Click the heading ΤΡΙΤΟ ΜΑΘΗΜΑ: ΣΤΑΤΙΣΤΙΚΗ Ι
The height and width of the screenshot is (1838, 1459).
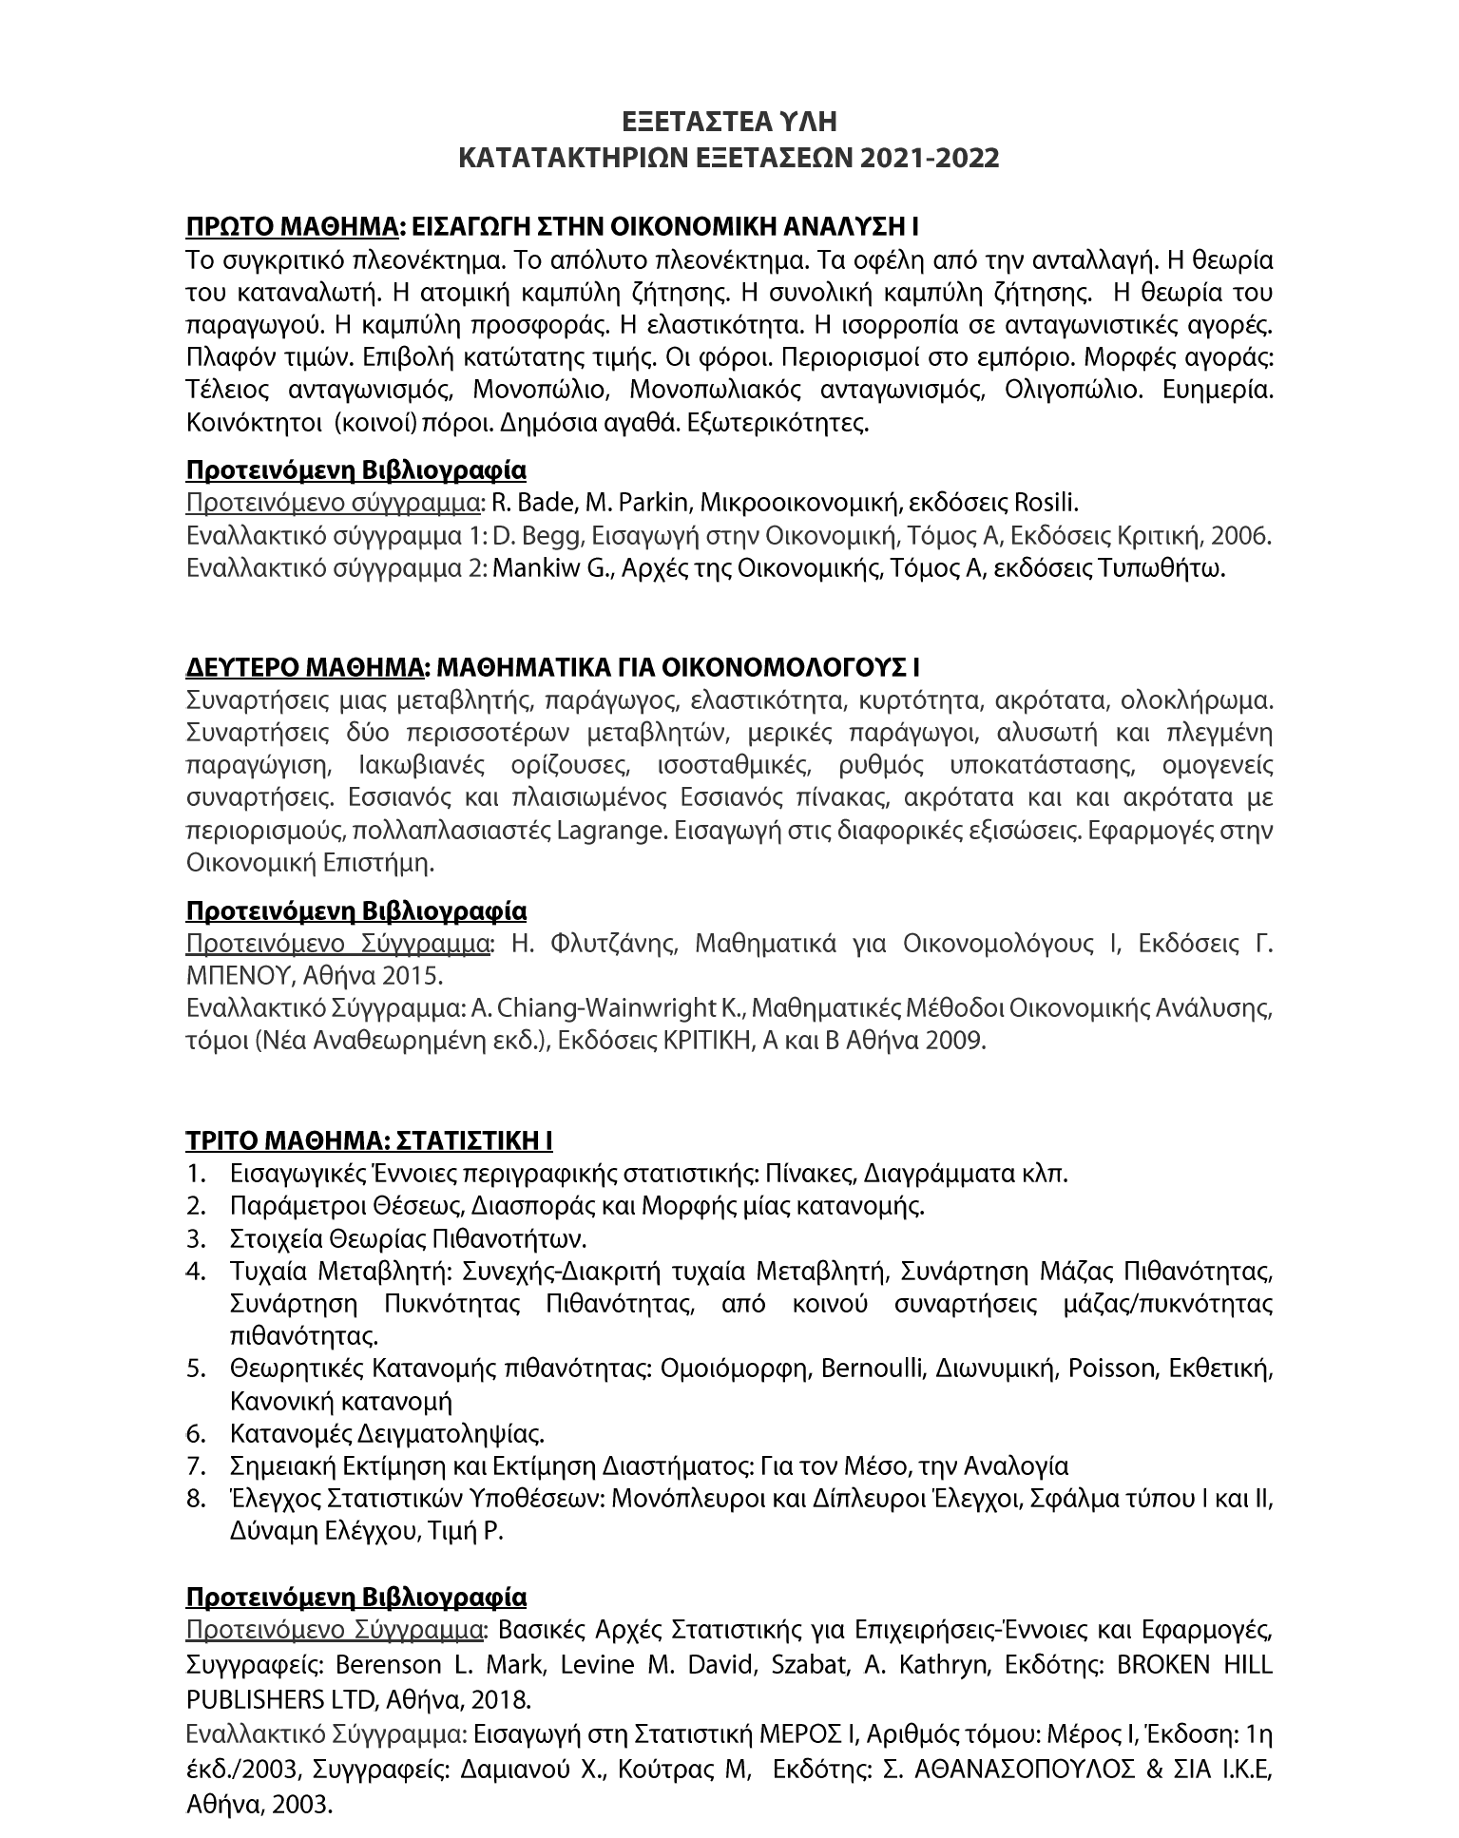pyautogui.click(x=369, y=1140)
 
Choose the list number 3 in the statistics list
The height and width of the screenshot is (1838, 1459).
pyautogui.click(x=197, y=1239)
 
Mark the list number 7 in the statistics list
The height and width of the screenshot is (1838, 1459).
pyautogui.click(x=197, y=1466)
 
